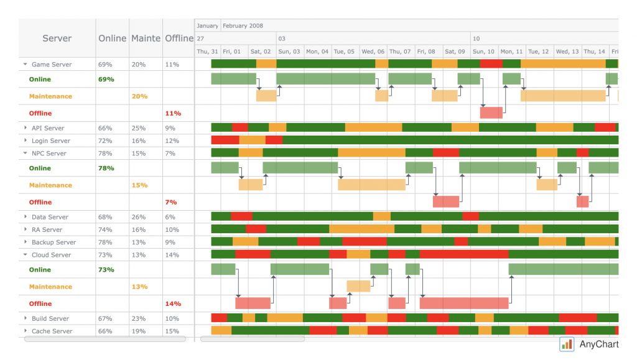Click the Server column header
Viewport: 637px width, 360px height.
(57, 39)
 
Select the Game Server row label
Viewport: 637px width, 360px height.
(52, 65)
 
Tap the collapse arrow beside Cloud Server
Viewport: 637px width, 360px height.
(26, 255)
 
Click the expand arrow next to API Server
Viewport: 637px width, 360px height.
(26, 128)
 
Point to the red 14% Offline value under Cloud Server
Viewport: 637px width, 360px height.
(173, 304)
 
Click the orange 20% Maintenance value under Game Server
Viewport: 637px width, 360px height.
(139, 96)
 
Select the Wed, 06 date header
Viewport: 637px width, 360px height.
(373, 52)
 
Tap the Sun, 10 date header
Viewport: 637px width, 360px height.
(483, 52)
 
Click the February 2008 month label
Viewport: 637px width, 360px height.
(243, 26)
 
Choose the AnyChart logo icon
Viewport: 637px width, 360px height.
(566, 344)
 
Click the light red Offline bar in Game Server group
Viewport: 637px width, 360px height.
(491, 113)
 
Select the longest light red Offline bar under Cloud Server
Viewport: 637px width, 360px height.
(464, 303)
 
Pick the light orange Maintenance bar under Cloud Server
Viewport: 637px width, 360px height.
(358, 286)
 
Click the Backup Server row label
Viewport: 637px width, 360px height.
(53, 242)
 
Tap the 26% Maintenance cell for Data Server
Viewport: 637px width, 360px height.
(139, 217)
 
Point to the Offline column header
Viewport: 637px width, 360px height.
(179, 39)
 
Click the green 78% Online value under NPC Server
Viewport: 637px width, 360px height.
(105, 168)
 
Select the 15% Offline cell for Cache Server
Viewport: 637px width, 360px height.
(172, 331)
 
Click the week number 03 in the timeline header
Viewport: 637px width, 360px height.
(282, 39)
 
